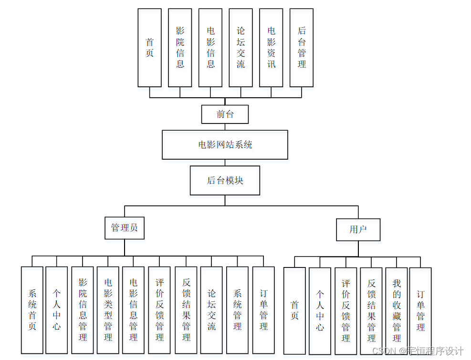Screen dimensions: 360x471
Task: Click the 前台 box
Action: pos(225,114)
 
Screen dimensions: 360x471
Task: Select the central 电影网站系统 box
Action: pos(225,144)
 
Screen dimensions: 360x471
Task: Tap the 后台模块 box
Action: pos(225,180)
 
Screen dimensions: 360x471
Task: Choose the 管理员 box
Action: pos(125,228)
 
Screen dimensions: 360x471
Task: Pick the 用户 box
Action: pos(358,229)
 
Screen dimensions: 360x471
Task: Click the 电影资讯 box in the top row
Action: pos(271,48)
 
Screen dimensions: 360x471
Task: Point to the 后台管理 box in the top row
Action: pos(302,48)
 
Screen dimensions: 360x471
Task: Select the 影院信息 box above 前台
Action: pos(180,48)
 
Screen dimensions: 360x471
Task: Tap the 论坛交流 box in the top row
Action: pos(241,48)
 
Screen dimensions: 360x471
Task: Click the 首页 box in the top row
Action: pos(149,48)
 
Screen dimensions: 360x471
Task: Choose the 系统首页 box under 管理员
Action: pos(32,310)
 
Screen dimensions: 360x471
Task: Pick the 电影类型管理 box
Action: pos(108,310)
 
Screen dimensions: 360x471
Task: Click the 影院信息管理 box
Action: pos(83,310)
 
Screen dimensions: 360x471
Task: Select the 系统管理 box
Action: pos(237,310)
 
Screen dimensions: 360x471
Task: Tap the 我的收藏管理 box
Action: pos(397,311)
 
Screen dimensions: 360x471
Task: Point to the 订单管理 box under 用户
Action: pos(420,311)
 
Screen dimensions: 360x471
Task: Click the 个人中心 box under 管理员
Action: pos(57,310)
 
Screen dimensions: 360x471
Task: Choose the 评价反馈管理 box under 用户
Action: pos(345,311)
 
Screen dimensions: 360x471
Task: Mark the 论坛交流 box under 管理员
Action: pos(211,310)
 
